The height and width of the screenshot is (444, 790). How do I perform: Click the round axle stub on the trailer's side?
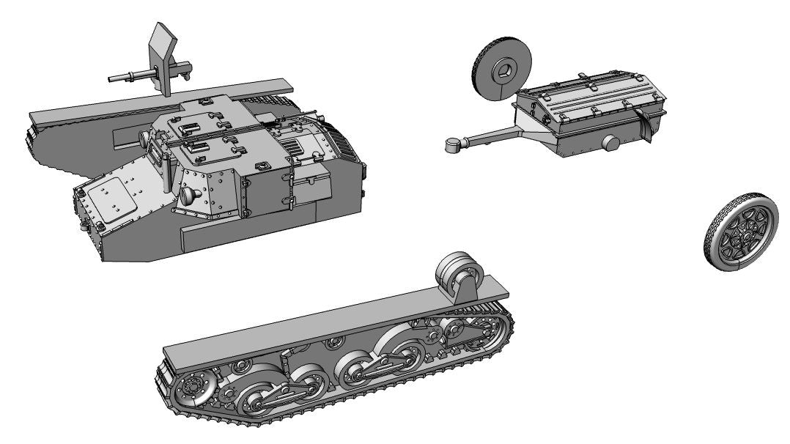[x=610, y=144]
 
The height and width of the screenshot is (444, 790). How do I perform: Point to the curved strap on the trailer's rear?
[x=645, y=121]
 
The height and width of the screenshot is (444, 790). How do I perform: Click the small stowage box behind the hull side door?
[x=311, y=180]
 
